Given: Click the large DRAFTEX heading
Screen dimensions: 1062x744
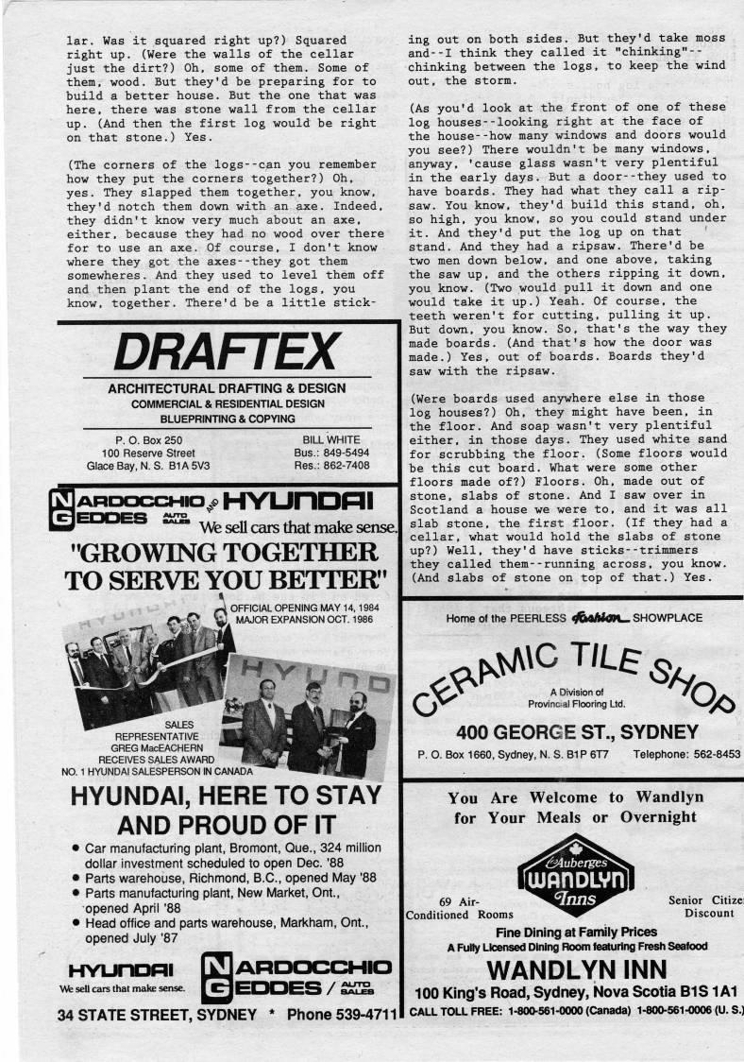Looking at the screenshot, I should click(225, 351).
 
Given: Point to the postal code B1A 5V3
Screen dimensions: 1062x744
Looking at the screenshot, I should click(190, 466).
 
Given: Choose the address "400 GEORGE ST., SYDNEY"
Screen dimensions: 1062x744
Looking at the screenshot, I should click(577, 732).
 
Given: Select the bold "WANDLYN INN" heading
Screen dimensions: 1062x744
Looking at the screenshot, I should click(576, 969).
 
